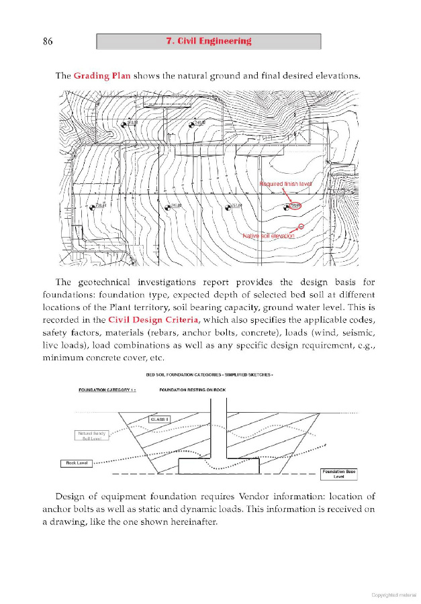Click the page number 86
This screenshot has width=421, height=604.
click(47, 42)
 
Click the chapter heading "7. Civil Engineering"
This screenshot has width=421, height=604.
click(208, 41)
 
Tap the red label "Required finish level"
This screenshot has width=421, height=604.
click(285, 183)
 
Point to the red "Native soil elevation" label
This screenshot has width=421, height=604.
click(269, 236)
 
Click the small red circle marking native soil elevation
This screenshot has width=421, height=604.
click(301, 226)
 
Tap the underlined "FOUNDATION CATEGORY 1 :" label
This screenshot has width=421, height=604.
click(107, 390)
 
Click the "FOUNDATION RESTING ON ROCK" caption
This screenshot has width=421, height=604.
click(192, 390)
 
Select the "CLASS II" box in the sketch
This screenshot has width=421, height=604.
click(159, 419)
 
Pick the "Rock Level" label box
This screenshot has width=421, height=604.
click(76, 463)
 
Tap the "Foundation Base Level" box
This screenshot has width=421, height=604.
click(338, 474)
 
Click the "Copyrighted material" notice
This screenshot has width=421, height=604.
click(393, 595)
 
